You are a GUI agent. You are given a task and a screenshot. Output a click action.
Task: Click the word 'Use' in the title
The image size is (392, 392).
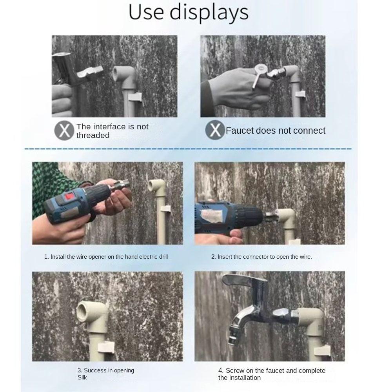pos(146,12)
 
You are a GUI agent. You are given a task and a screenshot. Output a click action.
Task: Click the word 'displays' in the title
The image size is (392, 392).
pos(209,13)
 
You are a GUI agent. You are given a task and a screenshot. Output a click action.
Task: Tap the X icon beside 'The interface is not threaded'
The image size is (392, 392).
pos(64,131)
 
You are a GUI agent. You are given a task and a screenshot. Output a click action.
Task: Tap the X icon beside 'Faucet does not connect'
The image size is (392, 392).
pos(215,130)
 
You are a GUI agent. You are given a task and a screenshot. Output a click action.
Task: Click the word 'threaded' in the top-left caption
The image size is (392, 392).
pos(93,135)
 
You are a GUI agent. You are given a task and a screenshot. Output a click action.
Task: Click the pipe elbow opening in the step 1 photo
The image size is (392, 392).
pos(153,185)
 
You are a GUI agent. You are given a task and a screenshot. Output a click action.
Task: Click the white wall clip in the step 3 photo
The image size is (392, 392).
pos(106,346)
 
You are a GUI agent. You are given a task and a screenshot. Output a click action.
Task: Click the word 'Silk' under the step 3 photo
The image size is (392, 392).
pos(82,377)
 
